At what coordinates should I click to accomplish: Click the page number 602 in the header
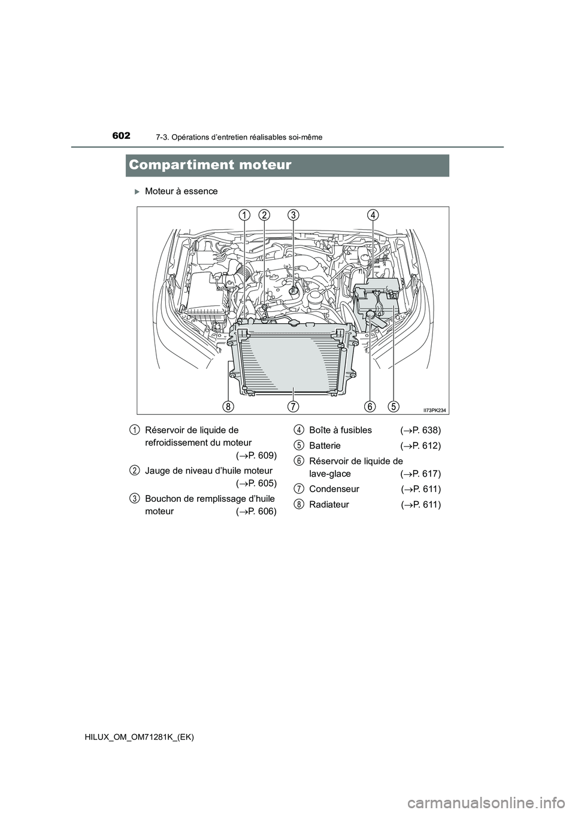[120, 136]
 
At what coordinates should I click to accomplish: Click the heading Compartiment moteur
[209, 165]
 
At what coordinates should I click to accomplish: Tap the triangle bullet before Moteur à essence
[137, 192]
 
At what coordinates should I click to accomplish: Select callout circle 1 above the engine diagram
[244, 215]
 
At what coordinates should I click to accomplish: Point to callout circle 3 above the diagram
[293, 215]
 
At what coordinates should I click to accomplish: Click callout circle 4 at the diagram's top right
[373, 215]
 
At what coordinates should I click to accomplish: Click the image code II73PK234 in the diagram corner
[435, 409]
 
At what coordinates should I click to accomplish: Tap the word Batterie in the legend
[325, 446]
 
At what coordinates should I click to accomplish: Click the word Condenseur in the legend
[334, 489]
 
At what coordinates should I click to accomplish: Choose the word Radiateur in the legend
[329, 505]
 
